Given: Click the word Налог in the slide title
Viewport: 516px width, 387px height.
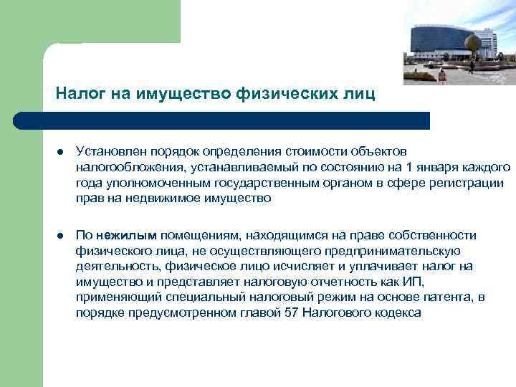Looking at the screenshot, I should [75, 93].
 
